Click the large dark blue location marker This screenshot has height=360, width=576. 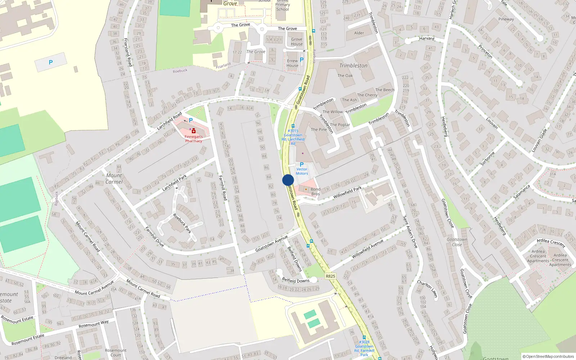coord(288,180)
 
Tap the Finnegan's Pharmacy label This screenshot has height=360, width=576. coord(194,139)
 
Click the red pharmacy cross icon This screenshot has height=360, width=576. coord(194,131)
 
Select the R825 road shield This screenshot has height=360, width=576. coord(330,276)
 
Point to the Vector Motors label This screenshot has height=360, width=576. coord(302,171)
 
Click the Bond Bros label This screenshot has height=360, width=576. coord(315,192)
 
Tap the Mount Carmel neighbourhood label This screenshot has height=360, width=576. coord(114,179)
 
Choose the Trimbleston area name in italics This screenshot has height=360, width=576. coord(353,66)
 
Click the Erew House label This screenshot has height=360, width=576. coord(292,63)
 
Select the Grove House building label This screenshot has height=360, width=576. coord(297,42)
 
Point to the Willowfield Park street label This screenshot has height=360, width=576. coord(347,193)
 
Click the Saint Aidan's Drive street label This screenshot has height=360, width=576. coord(410,232)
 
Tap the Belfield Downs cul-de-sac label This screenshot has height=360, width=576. coord(296,280)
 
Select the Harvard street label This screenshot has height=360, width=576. coord(427,39)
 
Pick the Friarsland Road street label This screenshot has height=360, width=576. coord(128,52)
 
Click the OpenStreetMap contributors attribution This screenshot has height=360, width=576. coord(548,356)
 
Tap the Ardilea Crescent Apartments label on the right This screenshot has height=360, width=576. coord(560,260)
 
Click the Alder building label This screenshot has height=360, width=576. coord(359,33)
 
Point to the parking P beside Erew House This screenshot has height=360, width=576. coord(302,60)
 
